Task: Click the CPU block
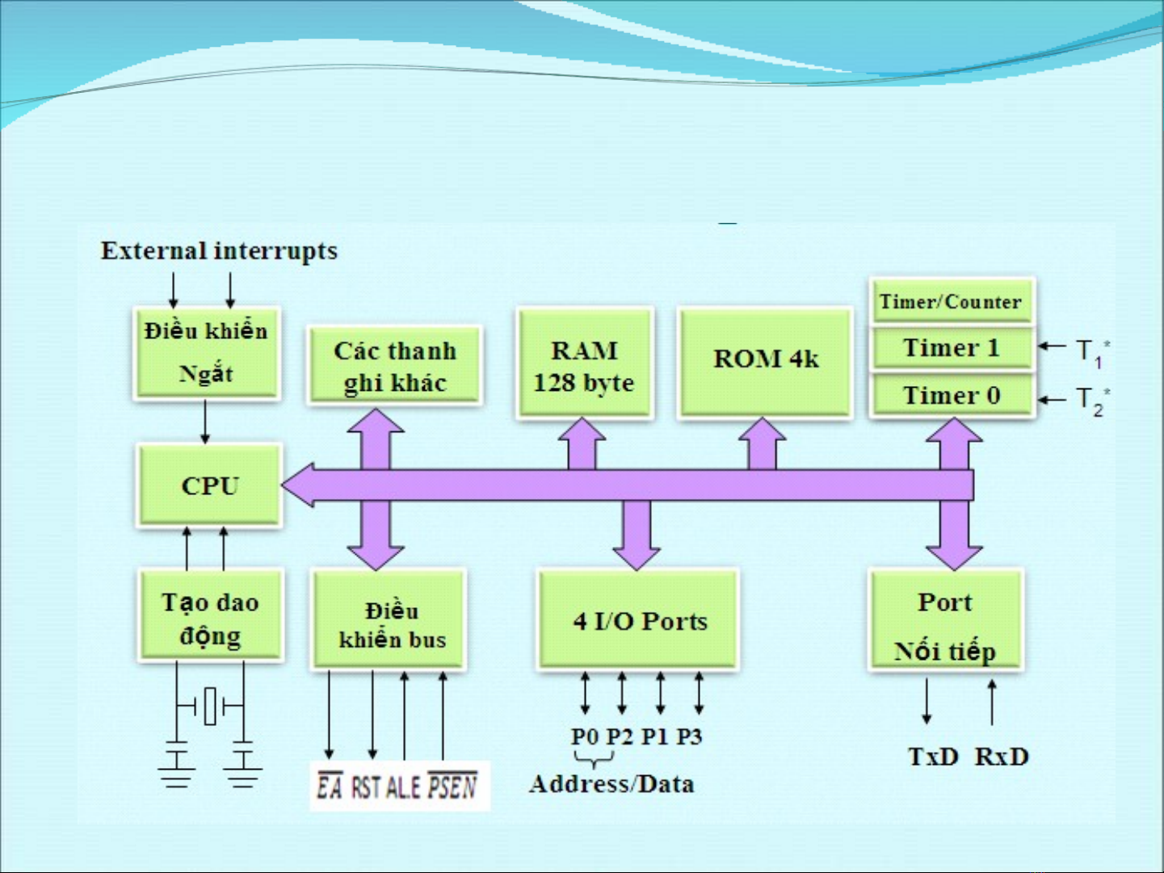[x=209, y=485]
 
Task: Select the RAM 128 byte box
[x=584, y=363]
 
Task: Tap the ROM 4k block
[x=765, y=361]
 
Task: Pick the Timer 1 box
[x=952, y=348]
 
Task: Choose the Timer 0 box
[x=952, y=396]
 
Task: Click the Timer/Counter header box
[x=951, y=301]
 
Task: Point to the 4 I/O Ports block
[x=638, y=620]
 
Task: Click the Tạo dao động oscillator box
[x=210, y=618]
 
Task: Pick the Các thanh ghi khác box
[x=394, y=366]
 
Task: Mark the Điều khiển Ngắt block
[x=206, y=353]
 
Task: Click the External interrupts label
[x=219, y=251]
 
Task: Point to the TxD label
[x=933, y=757]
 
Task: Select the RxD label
[x=1002, y=757]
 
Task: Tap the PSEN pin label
[x=452, y=786]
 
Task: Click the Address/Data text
[x=611, y=784]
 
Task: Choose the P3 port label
[x=689, y=737]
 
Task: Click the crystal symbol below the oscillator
[x=210, y=707]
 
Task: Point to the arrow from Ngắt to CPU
[x=205, y=422]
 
